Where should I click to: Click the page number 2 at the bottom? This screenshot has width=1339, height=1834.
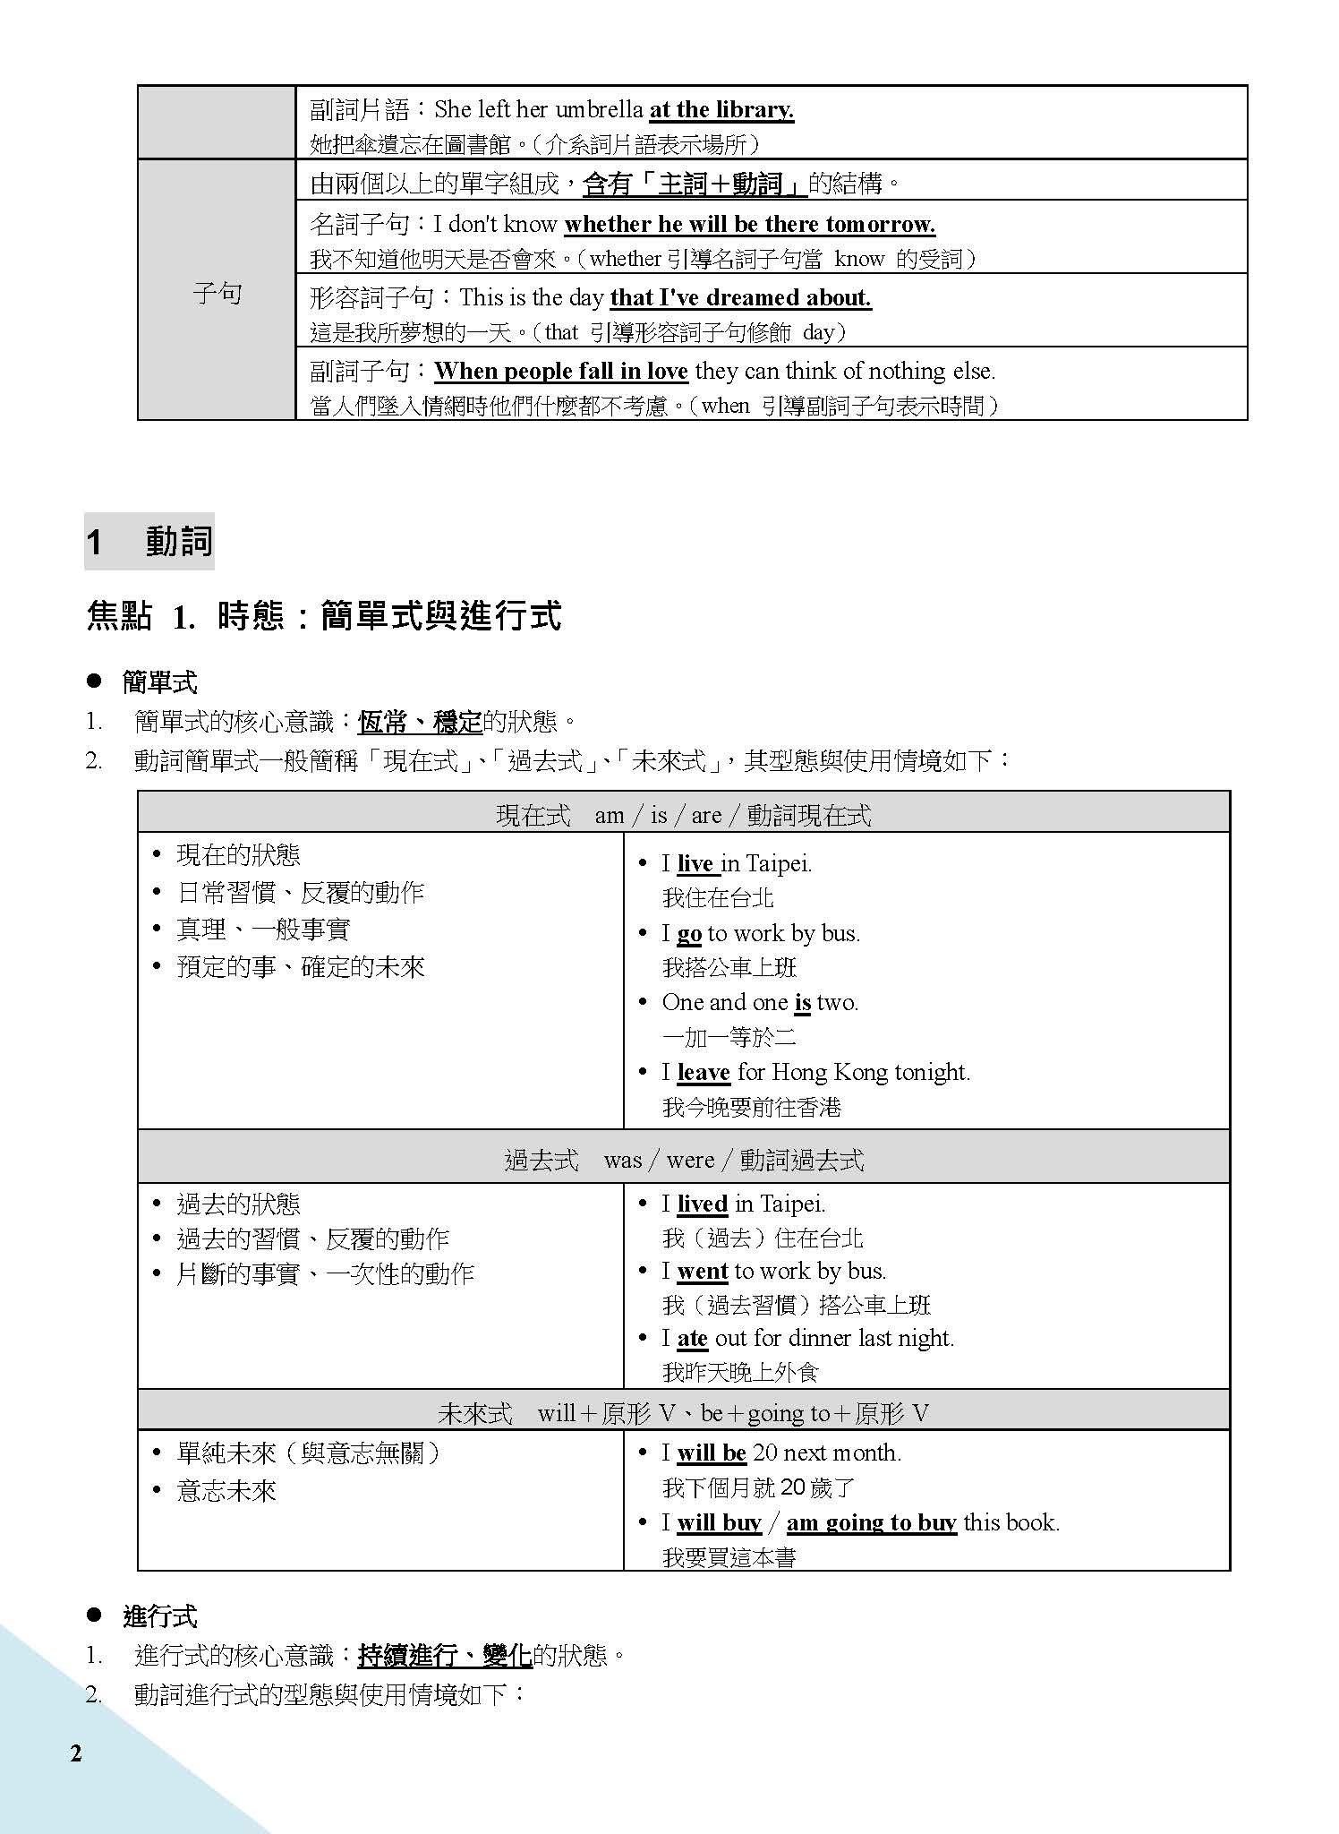pos(76,1753)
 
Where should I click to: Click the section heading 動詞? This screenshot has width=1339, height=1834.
pos(179,542)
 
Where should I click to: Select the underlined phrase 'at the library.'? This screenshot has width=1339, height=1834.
pos(721,110)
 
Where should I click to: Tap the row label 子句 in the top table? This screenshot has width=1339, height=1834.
pos(217,293)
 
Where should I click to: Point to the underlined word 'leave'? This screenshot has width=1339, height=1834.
pos(704,1072)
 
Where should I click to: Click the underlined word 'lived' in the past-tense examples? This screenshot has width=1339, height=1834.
pos(702,1204)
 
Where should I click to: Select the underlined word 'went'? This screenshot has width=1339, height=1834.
pos(703,1271)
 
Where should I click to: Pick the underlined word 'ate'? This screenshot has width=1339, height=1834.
pos(693,1338)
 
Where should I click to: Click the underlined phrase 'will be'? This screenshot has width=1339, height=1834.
pos(712,1453)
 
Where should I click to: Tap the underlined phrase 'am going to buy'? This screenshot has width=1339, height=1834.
pos(871,1522)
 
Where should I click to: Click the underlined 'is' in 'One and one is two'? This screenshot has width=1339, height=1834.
pos(802,1002)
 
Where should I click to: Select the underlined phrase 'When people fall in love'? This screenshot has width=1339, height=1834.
pos(561,371)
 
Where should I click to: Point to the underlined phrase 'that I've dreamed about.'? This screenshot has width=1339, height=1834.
pos(740,297)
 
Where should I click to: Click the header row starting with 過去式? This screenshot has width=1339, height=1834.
pos(684,1160)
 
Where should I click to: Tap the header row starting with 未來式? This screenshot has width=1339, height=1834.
pos(684,1413)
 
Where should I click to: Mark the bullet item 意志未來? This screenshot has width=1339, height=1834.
pos(226,1490)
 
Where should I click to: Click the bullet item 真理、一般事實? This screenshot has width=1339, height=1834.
pos(263,930)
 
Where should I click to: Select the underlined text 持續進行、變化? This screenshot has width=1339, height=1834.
pos(445,1655)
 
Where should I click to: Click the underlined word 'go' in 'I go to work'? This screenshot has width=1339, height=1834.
pos(689,933)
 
